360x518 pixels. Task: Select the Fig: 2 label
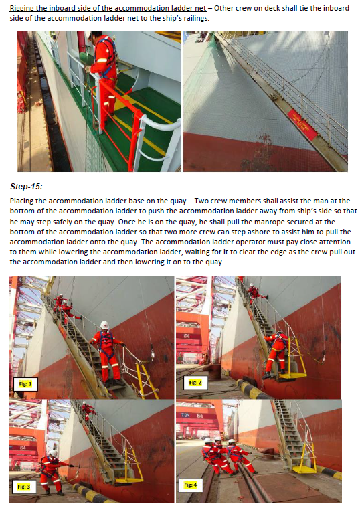click(x=195, y=382)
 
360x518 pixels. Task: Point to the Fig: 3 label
click(x=25, y=487)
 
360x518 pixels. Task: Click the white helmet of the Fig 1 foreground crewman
click(x=104, y=325)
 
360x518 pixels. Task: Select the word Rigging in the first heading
click(x=24, y=7)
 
